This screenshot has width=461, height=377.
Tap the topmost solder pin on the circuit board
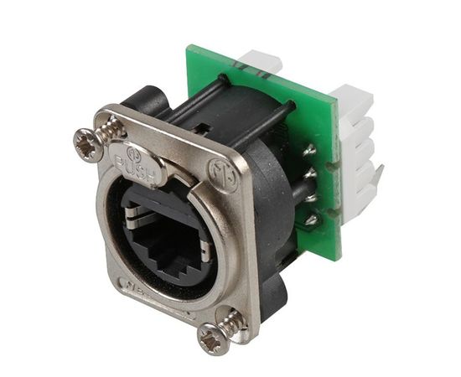(x=309, y=151)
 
